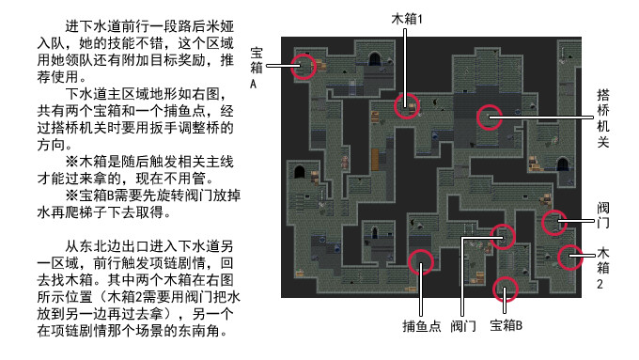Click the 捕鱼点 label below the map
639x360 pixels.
coord(422,326)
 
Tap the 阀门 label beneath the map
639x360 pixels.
coord(463,326)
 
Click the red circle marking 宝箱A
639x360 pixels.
coord(304,65)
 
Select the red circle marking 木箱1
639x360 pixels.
coord(406,105)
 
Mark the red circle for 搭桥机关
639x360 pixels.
coord(489,117)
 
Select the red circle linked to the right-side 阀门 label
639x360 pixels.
coord(556,222)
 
